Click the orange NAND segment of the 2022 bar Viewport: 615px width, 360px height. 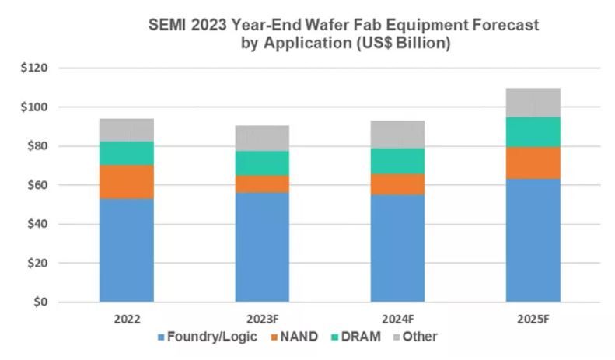click(x=127, y=181)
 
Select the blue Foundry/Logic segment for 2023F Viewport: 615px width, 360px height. click(x=262, y=246)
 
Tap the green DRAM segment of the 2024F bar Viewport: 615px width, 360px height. click(x=397, y=161)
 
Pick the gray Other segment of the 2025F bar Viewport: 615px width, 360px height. click(x=533, y=103)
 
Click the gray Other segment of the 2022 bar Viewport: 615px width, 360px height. click(x=127, y=130)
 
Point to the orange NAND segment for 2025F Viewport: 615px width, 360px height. click(x=533, y=163)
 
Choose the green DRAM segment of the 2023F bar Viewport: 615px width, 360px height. click(x=262, y=163)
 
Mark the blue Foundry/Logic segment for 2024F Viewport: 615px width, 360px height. click(x=397, y=248)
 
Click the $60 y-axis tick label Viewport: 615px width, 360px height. click(x=37, y=185)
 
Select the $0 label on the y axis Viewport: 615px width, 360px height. click(x=40, y=302)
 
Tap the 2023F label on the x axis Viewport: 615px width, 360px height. click(x=262, y=318)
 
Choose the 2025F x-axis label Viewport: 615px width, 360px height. click(x=533, y=318)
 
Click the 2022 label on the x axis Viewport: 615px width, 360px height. click(x=127, y=318)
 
